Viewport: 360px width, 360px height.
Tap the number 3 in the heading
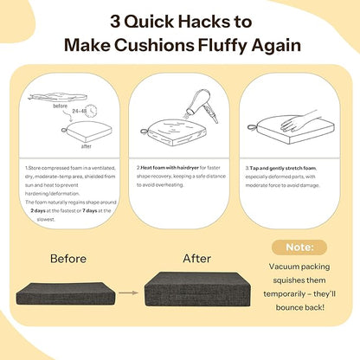(x=115, y=22)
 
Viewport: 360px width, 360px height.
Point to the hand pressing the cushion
(x=299, y=120)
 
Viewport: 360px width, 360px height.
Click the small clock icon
(x=92, y=111)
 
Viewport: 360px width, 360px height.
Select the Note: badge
(x=299, y=247)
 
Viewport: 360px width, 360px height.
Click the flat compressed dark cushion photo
(x=66, y=293)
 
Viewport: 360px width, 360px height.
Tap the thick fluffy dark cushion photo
(x=197, y=289)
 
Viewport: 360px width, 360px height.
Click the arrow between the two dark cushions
(x=129, y=292)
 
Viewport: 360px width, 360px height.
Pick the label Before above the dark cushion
(x=68, y=259)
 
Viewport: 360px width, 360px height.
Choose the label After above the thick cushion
(x=196, y=259)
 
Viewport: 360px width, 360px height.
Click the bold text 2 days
(x=38, y=211)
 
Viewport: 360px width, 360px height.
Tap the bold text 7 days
(x=90, y=211)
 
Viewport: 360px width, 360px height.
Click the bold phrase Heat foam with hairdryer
(x=170, y=168)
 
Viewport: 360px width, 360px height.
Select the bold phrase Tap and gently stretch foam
(x=283, y=168)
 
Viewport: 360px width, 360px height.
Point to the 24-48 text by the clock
(x=80, y=111)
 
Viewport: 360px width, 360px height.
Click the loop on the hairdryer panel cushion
(x=144, y=132)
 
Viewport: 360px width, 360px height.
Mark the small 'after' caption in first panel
(x=87, y=146)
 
